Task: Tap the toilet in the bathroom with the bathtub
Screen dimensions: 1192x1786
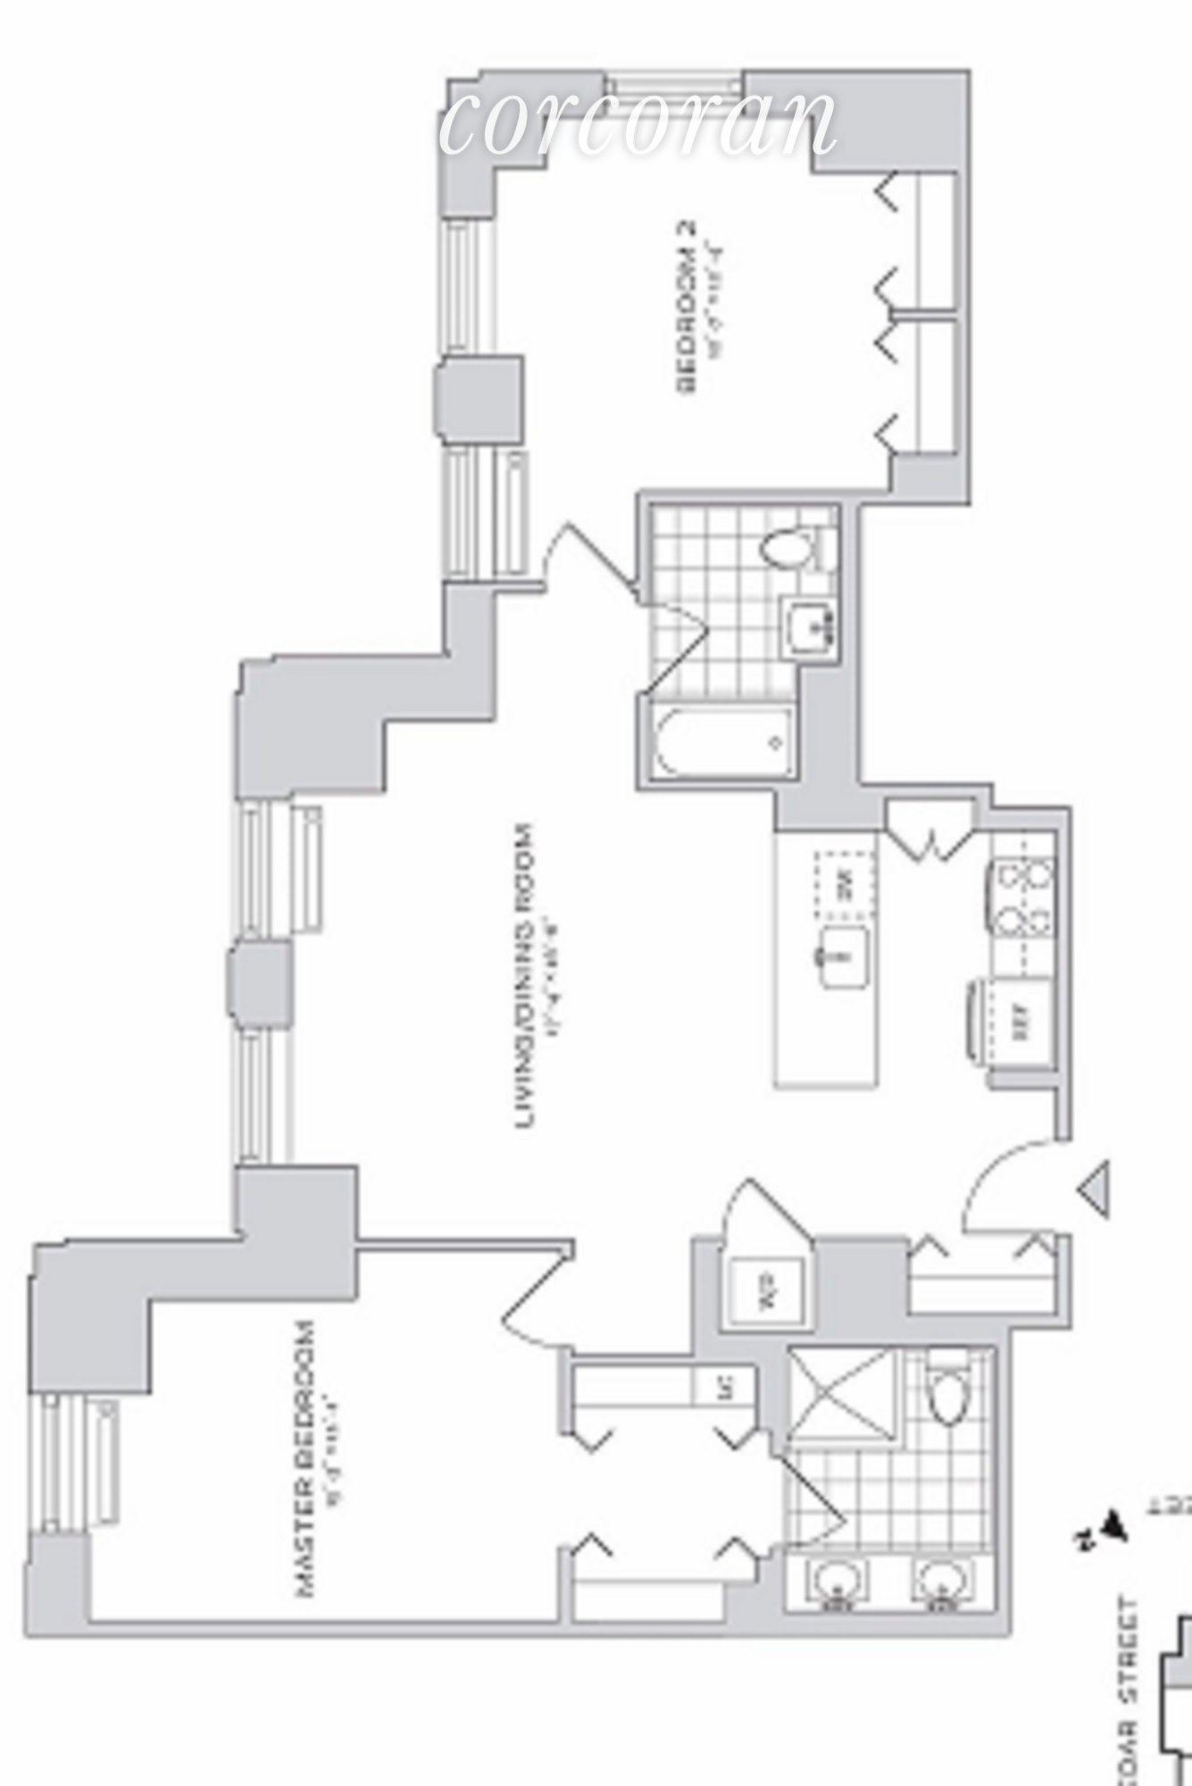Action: click(x=789, y=547)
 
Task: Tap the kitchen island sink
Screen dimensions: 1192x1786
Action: click(x=843, y=956)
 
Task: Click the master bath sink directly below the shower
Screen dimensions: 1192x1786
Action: click(x=838, y=1583)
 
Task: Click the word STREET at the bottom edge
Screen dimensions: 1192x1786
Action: click(x=1130, y=1641)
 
